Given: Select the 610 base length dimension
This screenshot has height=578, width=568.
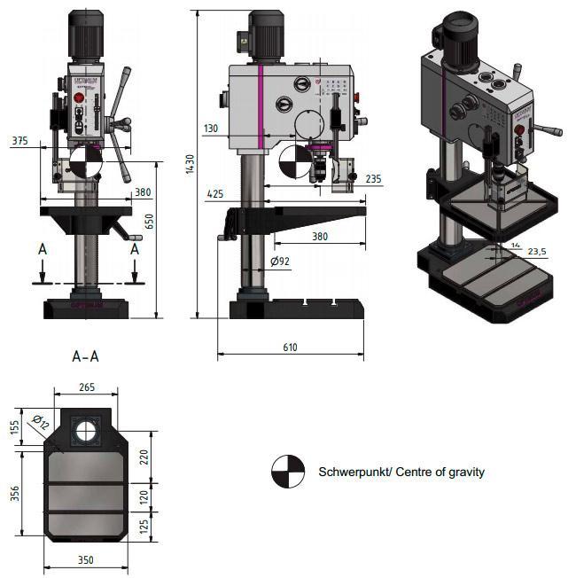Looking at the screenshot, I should click(x=290, y=347).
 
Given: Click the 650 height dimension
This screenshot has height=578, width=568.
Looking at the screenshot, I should click(x=150, y=222).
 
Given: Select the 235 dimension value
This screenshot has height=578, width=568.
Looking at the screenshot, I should click(x=373, y=179).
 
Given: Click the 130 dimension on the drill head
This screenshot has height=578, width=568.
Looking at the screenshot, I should click(x=210, y=129).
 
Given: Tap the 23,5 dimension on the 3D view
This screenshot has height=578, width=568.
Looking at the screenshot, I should click(x=536, y=251).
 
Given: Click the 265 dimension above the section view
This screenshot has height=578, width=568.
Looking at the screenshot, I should click(x=85, y=387).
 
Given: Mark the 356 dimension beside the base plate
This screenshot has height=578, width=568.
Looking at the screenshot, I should click(x=15, y=493).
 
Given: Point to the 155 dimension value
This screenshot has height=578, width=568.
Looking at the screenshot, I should click(x=15, y=426).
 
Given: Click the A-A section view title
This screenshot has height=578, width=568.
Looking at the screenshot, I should click(x=85, y=357).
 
